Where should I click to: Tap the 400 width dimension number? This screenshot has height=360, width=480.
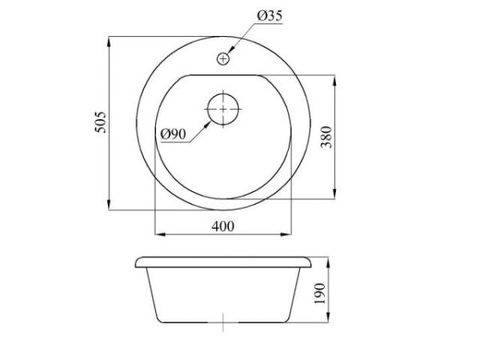pyautogui.click(x=222, y=226)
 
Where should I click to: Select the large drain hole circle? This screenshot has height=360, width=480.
pyautogui.click(x=222, y=110)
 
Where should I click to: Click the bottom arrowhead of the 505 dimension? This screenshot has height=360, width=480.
pyautogui.click(x=109, y=207)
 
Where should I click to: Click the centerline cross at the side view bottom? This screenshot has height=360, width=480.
pyautogui.click(x=224, y=324)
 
